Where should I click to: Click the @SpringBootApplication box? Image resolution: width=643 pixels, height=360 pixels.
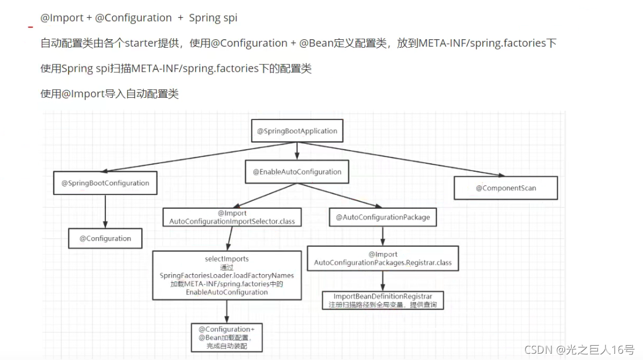tap(297, 131)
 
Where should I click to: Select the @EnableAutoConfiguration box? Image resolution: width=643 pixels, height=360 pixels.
tap(297, 172)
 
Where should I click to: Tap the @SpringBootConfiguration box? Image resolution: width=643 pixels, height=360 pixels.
tap(105, 183)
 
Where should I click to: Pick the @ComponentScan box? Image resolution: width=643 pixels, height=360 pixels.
tap(506, 188)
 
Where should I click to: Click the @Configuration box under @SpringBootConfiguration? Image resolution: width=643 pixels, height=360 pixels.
tap(105, 238)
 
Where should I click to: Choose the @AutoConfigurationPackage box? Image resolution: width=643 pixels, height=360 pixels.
tap(382, 217)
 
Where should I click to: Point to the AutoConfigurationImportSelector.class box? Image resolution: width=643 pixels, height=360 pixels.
tap(232, 217)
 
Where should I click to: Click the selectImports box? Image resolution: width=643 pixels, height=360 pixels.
tap(226, 275)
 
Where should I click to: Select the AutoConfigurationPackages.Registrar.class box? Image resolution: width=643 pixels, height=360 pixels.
tap(382, 258)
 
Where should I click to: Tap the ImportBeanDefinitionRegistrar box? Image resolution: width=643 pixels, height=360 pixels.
tap(382, 300)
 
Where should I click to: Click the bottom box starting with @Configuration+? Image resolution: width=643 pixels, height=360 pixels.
tap(226, 338)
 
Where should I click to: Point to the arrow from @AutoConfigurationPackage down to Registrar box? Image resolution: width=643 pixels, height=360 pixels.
tap(382, 236)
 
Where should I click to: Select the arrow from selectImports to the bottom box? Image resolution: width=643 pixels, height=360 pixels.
tap(226, 311)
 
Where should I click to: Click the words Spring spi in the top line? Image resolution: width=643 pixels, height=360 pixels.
tap(213, 18)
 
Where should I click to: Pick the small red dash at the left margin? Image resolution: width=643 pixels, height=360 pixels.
tap(31, 27)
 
